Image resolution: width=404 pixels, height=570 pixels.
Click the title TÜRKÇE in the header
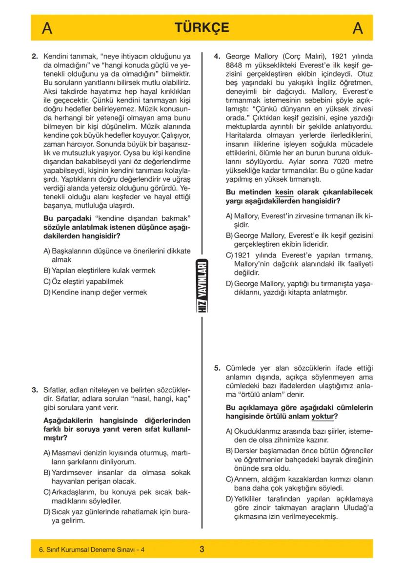(x=202, y=28)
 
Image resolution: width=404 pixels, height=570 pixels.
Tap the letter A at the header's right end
(x=357, y=29)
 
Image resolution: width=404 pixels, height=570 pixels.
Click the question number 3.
(x=35, y=390)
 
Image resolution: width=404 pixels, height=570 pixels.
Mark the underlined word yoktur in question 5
(x=323, y=417)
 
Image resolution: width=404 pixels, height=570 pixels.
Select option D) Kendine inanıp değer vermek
(x=95, y=292)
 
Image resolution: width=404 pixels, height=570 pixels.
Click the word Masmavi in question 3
(x=65, y=452)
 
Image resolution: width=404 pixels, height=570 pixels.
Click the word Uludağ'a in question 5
(x=357, y=507)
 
